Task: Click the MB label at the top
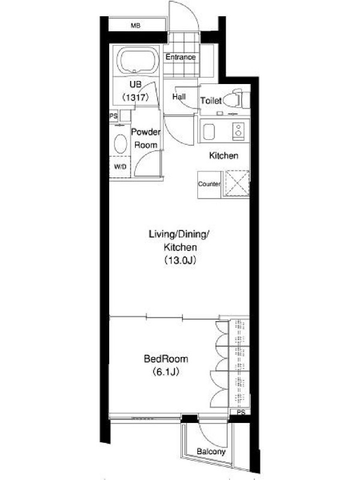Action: click(x=136, y=26)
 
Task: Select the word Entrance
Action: click(x=181, y=57)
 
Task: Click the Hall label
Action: click(x=179, y=97)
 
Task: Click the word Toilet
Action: click(x=211, y=100)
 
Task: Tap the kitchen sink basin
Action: click(x=209, y=131)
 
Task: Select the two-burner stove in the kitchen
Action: click(x=238, y=130)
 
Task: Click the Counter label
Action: click(x=209, y=184)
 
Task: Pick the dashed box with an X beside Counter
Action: click(x=236, y=183)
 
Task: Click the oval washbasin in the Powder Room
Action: click(x=121, y=143)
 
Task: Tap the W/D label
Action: click(x=120, y=167)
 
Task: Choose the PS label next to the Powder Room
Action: click(x=113, y=116)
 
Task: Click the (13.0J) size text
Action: click(x=179, y=260)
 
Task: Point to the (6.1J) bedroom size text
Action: click(x=166, y=372)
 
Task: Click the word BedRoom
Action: click(x=166, y=359)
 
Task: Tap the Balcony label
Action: click(x=211, y=452)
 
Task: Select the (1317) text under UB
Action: click(x=135, y=97)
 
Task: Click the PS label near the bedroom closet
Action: click(x=241, y=412)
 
